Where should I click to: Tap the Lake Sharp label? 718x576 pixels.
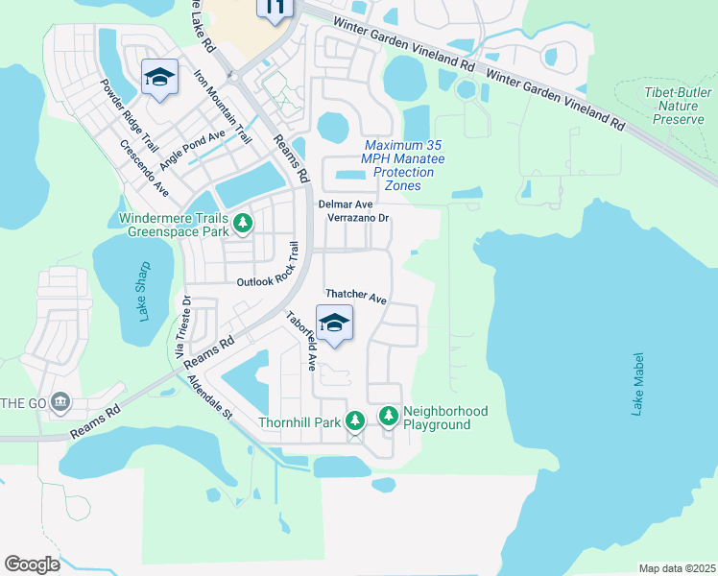point(145,290)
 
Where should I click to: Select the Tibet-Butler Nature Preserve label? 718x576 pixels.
point(678,105)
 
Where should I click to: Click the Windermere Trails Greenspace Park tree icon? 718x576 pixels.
point(244,224)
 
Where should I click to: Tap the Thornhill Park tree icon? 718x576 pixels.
point(355,421)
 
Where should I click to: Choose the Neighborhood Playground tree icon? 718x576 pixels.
point(389,416)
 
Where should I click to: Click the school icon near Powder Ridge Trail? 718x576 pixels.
point(159,79)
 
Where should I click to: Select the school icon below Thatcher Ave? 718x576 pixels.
point(334,323)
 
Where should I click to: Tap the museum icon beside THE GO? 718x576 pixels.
point(60,400)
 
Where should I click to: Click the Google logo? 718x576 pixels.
point(32,564)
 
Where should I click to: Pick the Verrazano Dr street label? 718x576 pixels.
point(357,219)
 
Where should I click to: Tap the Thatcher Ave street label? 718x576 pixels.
point(355,298)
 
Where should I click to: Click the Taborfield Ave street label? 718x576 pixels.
point(300,340)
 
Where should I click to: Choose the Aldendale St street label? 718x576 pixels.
point(211,396)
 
